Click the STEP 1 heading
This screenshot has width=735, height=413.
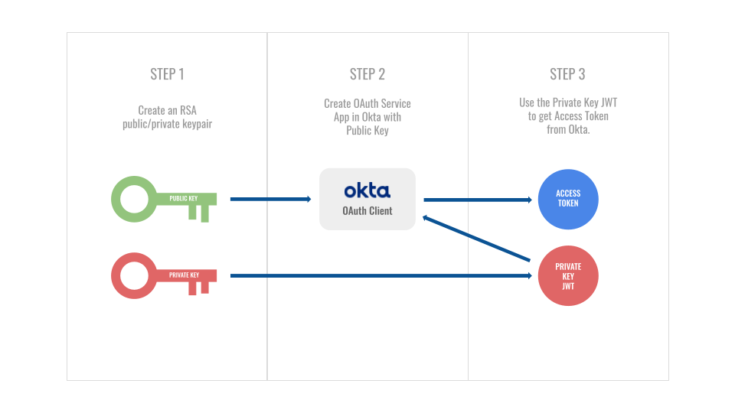coord(167,74)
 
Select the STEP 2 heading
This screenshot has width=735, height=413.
coord(367,74)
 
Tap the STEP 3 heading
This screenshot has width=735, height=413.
coord(567,74)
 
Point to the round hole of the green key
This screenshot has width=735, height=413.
coord(135,199)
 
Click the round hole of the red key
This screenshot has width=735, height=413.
coord(135,275)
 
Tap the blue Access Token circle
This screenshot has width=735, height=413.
coord(567,199)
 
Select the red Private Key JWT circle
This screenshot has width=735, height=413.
coord(567,276)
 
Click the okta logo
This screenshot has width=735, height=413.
coord(367,190)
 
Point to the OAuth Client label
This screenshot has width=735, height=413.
coord(367,210)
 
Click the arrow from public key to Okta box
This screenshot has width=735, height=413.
coord(270,200)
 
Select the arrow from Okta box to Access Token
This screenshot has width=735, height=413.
coord(477,200)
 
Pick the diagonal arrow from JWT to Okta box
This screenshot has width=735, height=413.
coord(477,239)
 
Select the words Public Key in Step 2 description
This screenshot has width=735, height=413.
coord(367,131)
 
